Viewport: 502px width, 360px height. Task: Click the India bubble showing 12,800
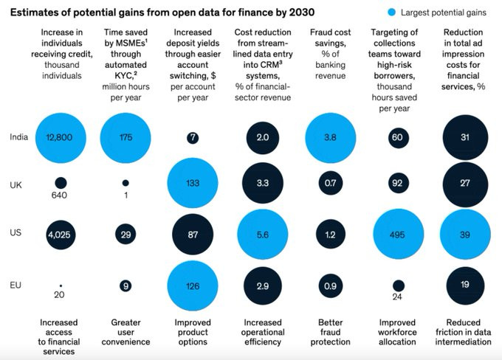click(61, 138)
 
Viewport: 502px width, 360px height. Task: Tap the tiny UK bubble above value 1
click(125, 183)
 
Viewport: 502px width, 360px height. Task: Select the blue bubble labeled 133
click(193, 183)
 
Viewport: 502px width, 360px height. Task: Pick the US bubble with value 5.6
click(263, 235)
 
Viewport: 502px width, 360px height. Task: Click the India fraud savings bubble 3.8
click(331, 138)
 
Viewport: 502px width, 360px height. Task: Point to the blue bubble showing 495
click(398, 235)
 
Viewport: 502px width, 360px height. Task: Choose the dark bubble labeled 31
click(465, 138)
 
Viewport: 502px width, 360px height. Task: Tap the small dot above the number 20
click(61, 285)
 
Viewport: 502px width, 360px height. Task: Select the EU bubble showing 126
click(193, 285)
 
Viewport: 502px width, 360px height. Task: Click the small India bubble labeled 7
click(193, 138)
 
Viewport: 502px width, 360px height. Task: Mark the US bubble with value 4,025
click(61, 235)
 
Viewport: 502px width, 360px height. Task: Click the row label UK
click(16, 185)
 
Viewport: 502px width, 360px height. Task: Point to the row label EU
click(16, 285)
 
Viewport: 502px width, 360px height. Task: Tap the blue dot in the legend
click(391, 13)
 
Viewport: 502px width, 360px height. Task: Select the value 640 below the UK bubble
click(59, 195)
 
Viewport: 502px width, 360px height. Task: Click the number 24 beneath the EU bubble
click(397, 297)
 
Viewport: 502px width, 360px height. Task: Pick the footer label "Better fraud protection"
click(331, 332)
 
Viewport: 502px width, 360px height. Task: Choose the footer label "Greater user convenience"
click(125, 332)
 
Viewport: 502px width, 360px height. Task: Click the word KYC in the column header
click(123, 76)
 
